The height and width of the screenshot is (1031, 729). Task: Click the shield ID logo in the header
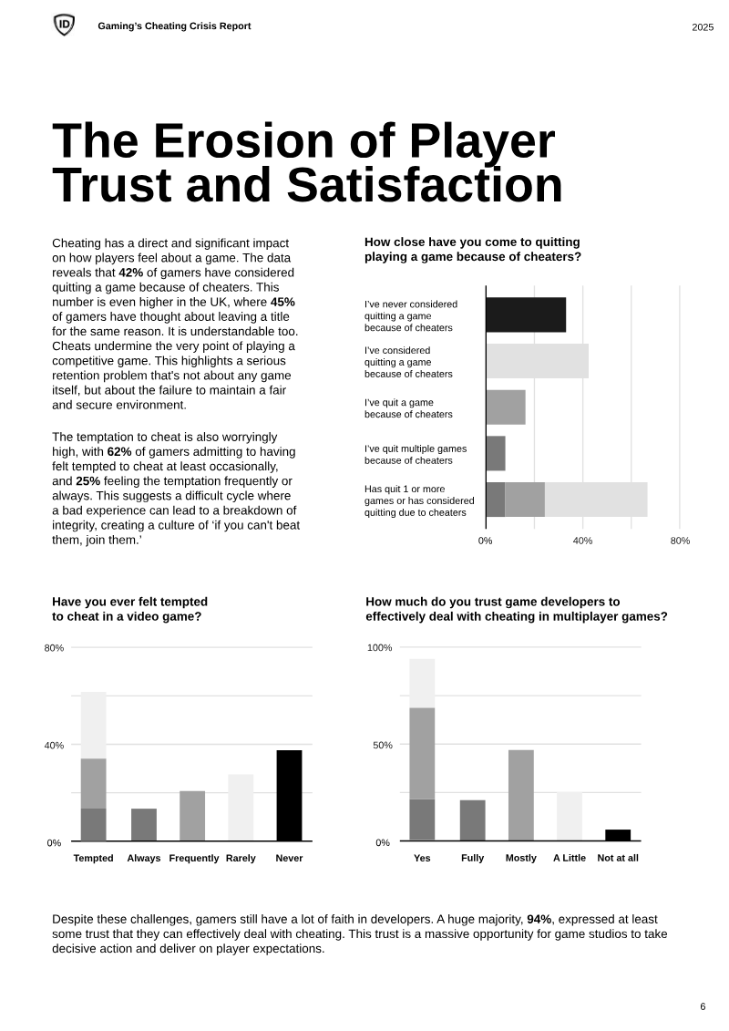[x=64, y=26]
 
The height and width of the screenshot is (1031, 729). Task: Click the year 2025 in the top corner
[x=702, y=27]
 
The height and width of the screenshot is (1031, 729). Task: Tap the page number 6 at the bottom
[x=703, y=1006]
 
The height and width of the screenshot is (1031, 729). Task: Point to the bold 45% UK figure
[x=282, y=302]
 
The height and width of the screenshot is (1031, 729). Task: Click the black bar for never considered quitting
[x=526, y=314]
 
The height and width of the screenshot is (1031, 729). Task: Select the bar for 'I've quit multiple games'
[x=496, y=453]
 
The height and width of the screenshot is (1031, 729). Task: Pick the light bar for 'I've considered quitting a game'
[x=537, y=361]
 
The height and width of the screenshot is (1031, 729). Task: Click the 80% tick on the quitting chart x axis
[x=680, y=541]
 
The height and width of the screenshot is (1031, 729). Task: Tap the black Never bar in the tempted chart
[x=289, y=795]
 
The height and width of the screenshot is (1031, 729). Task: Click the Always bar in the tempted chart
[x=144, y=824]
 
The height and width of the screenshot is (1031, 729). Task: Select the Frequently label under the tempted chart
[x=194, y=858]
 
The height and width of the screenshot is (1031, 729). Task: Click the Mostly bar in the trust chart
[x=521, y=795]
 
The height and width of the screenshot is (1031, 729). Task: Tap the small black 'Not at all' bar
[x=618, y=835]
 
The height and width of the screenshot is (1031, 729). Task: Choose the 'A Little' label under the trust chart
[x=570, y=858]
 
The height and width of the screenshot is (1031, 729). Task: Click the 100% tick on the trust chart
[x=379, y=648]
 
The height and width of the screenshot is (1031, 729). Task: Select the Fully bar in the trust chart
[x=472, y=820]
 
